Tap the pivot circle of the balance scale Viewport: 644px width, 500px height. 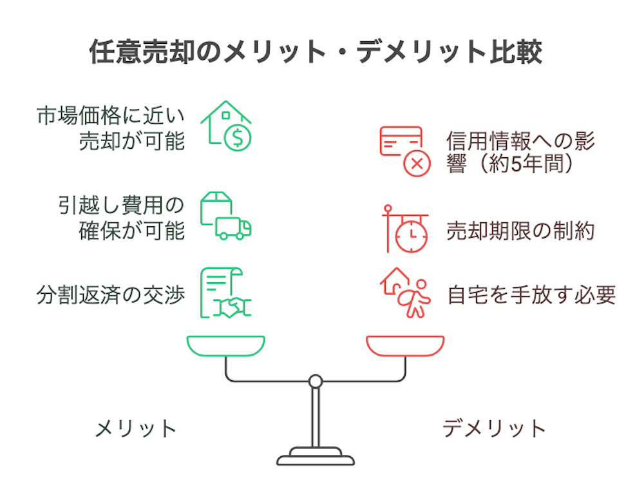315,381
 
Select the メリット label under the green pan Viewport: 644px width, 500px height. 136,428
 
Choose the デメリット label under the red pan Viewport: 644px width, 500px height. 494,428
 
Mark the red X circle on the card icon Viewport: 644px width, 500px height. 417,164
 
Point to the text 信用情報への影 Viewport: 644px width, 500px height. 520,140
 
